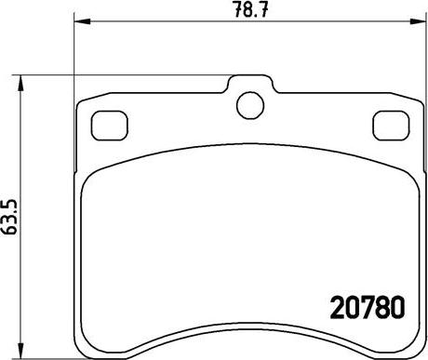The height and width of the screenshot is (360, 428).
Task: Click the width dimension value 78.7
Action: (250, 9)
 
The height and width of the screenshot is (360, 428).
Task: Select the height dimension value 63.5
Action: (9, 217)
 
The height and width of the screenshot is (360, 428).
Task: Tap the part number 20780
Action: (368, 307)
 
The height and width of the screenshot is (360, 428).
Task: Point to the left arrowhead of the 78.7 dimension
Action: (82, 21)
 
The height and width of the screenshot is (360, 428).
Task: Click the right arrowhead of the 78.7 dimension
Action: (418, 21)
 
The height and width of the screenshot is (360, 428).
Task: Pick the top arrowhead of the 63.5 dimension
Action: (20, 83)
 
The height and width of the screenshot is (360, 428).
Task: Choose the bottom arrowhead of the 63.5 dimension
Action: (20, 351)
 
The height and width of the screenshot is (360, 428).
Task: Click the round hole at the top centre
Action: (250, 105)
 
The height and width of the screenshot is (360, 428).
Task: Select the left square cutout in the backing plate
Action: (110, 126)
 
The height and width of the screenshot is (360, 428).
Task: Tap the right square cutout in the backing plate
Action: (391, 126)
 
